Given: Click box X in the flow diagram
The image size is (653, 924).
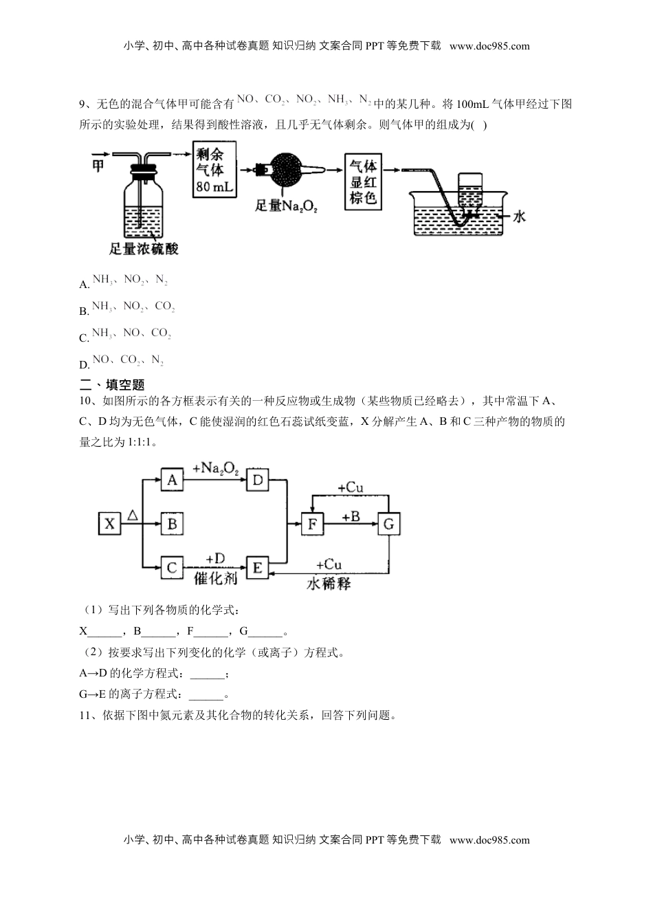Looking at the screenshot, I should tap(109, 524).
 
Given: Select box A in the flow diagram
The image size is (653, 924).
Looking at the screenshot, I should tap(172, 479).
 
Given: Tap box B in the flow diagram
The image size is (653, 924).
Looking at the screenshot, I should tap(172, 524).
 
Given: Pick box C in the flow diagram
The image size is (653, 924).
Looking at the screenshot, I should tap(172, 567).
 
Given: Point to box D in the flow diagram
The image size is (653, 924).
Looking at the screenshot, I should tap(258, 479).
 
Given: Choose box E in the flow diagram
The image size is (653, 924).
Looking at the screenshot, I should tap(258, 567).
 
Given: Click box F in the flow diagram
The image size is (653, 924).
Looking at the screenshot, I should tap(312, 524).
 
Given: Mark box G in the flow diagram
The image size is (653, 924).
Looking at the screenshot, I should tap(388, 524).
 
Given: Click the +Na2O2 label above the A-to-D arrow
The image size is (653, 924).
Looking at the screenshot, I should tap(215, 468).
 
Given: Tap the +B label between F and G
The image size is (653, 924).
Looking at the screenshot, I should tap(351, 516).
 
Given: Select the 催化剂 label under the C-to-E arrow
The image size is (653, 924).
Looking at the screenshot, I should tap(215, 578).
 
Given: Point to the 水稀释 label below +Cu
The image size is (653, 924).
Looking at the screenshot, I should tap(328, 583).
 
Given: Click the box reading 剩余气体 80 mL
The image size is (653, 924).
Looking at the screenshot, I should tap(214, 170).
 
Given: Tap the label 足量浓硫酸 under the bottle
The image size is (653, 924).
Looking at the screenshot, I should tap(144, 249).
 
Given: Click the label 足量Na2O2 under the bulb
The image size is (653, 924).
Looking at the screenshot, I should tap(286, 205).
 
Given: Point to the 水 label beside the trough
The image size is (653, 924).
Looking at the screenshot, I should tap(519, 217).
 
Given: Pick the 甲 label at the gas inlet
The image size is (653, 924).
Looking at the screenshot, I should tap(98, 165).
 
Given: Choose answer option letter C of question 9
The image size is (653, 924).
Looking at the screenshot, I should tap(85, 338).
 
